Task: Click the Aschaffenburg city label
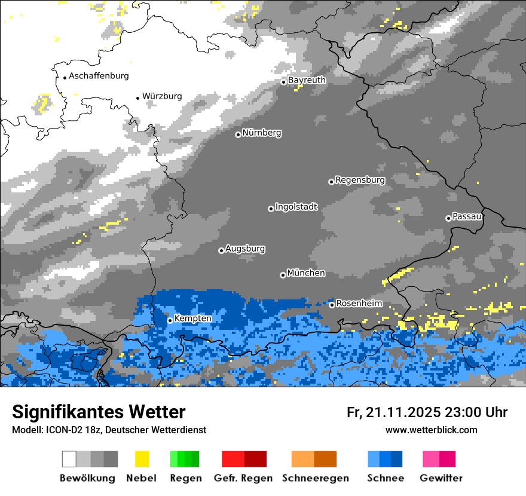click(99, 76)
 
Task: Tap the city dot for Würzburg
click(137, 98)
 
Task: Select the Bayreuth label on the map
click(307, 80)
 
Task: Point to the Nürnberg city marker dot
click(238, 134)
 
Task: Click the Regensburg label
click(360, 180)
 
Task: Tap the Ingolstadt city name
click(296, 207)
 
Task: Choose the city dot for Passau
click(448, 218)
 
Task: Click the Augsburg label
click(245, 249)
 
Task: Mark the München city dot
click(283, 275)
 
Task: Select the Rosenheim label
click(359, 304)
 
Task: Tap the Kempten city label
click(193, 319)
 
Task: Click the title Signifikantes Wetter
click(99, 412)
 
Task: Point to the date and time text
click(427, 412)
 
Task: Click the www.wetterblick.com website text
click(431, 430)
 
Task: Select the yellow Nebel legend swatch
click(142, 459)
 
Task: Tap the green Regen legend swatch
click(184, 459)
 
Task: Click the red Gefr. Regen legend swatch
click(244, 459)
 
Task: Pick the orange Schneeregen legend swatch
click(314, 459)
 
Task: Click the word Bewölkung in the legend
click(87, 478)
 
